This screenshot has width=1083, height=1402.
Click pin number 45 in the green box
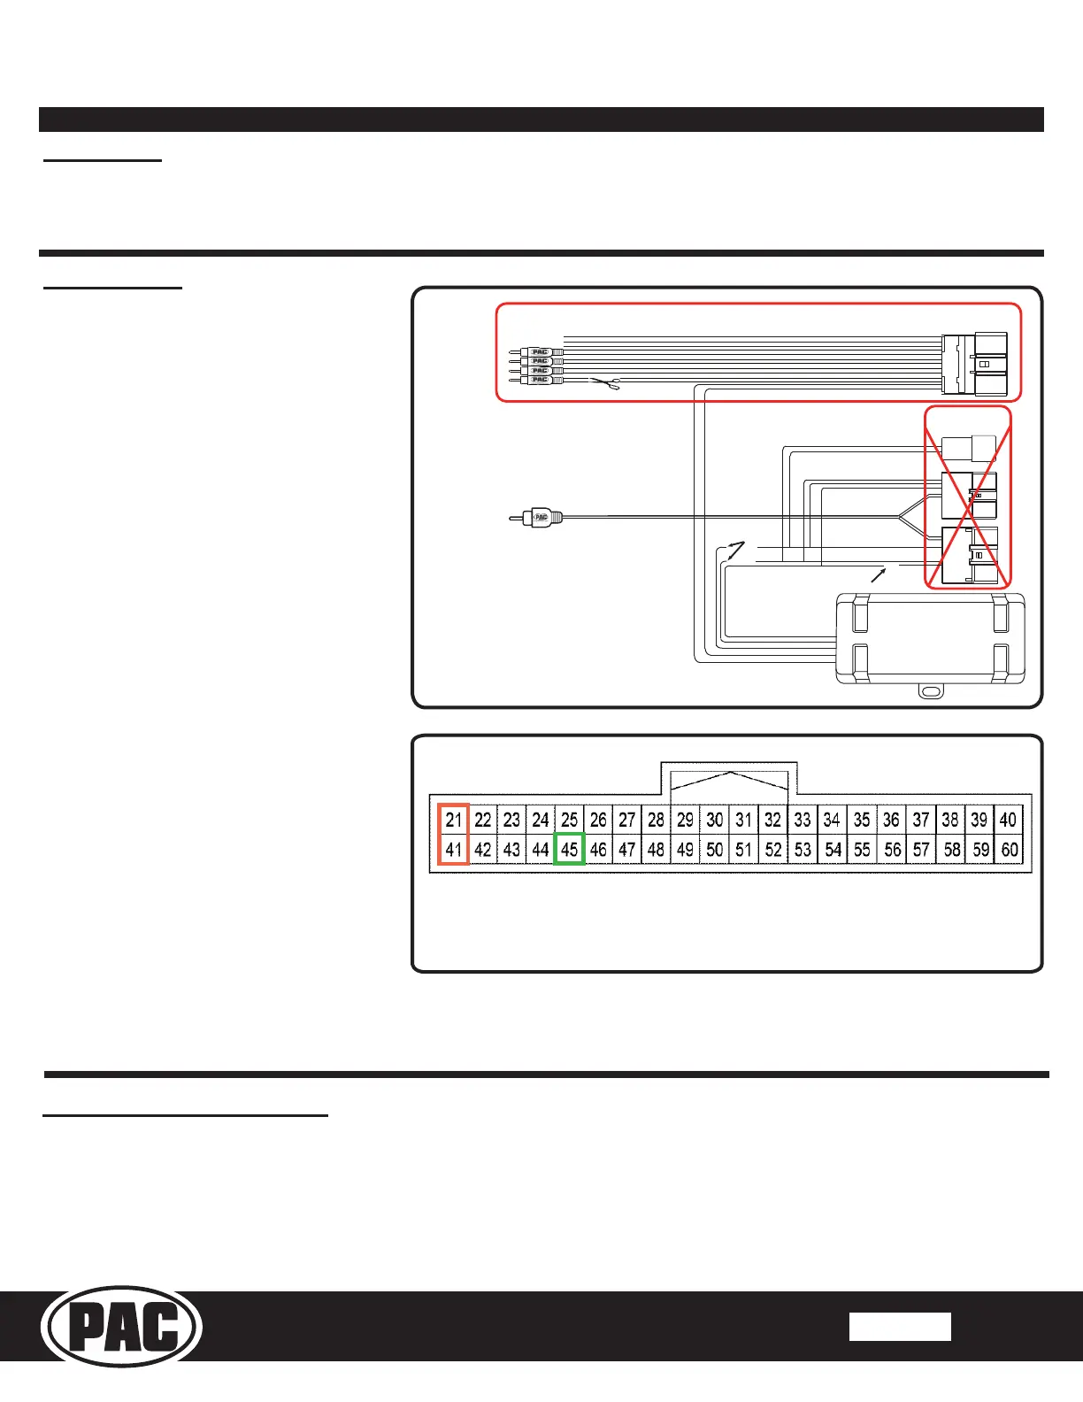(x=569, y=850)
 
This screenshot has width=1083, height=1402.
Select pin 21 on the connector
(x=454, y=820)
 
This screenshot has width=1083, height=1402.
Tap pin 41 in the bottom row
(x=454, y=850)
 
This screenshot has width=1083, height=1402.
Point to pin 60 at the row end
(x=1010, y=850)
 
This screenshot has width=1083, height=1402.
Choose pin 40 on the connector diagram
(x=1009, y=820)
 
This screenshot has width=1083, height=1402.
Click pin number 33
(x=803, y=820)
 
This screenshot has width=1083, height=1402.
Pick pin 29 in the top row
(x=685, y=820)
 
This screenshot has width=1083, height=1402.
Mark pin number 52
(x=773, y=850)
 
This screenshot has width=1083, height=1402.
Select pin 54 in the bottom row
(x=833, y=850)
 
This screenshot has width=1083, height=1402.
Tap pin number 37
(x=921, y=820)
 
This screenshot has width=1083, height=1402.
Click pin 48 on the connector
(x=656, y=850)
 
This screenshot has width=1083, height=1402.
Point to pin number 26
(x=598, y=820)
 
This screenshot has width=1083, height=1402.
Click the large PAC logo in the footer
(x=122, y=1327)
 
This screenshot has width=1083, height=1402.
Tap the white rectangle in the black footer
(x=900, y=1327)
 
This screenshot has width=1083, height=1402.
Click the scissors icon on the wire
(x=605, y=383)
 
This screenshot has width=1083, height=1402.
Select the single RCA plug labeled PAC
(x=537, y=517)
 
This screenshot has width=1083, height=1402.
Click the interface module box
(x=930, y=639)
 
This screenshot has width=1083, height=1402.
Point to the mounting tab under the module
(x=930, y=690)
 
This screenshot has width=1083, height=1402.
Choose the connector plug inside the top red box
(x=974, y=363)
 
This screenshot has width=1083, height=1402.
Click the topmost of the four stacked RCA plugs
(x=538, y=352)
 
